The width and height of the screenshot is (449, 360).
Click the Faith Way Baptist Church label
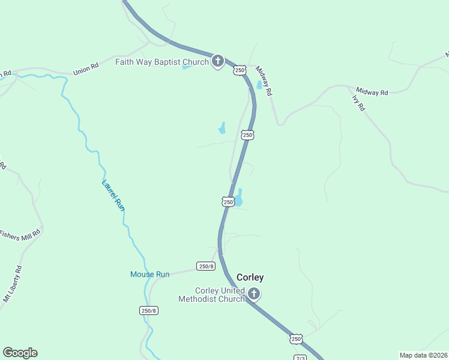pos(162,61)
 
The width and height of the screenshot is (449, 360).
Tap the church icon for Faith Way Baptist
pos(218,61)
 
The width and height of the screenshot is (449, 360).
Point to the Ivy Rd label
pos(359,103)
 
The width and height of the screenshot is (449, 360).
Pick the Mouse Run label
pos(150,274)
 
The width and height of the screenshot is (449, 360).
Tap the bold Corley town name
pos(250,277)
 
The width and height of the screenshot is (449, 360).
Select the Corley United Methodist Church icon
pos(254,294)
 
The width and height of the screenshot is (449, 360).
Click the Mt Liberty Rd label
pos(13,284)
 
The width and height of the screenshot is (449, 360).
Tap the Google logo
pos(20,353)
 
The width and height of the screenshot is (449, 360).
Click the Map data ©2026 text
pos(423,355)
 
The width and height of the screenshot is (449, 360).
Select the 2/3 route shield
pos(301,358)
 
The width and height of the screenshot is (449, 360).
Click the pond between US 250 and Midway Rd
pos(259,85)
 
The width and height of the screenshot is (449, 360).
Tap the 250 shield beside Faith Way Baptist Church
pos(240,70)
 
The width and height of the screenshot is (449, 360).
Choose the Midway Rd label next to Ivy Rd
pos(372,92)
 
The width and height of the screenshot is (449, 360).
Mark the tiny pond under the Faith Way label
pos(187,67)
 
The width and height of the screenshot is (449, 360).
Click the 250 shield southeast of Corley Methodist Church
pos(296,340)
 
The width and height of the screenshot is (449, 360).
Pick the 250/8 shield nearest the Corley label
pos(205,266)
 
